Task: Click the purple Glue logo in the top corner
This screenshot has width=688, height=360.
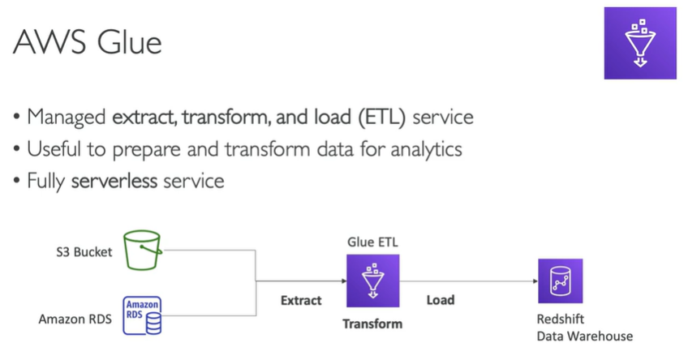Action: (x=640, y=43)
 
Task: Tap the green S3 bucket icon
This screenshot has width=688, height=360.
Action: (x=143, y=251)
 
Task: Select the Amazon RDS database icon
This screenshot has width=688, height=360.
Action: (x=142, y=316)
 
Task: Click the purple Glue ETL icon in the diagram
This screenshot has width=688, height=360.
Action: (x=372, y=281)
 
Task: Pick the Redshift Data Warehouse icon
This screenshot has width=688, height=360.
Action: (x=560, y=280)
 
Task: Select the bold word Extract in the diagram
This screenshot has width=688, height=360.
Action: (x=301, y=300)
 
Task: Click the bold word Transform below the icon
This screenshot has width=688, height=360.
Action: (x=372, y=324)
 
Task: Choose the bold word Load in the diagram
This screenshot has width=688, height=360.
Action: (x=441, y=300)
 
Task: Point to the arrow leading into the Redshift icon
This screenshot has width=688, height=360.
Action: (x=531, y=281)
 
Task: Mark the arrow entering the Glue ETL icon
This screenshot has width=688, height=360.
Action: (x=341, y=281)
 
